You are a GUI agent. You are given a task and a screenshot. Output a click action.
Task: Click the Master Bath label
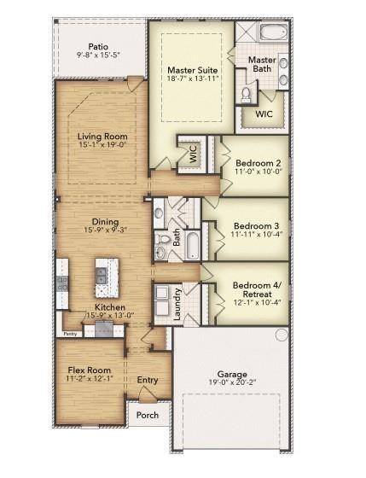click(262, 64)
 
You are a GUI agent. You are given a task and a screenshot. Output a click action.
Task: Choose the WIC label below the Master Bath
click(263, 113)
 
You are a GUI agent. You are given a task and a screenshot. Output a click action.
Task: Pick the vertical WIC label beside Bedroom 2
click(193, 154)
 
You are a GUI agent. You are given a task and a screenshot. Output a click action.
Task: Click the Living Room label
click(102, 137)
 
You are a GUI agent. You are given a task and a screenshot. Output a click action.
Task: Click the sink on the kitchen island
click(102, 275)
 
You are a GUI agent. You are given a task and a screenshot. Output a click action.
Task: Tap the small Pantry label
click(70, 334)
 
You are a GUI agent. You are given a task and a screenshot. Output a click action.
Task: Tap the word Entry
click(147, 380)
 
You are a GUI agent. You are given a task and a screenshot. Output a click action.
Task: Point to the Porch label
click(147, 416)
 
